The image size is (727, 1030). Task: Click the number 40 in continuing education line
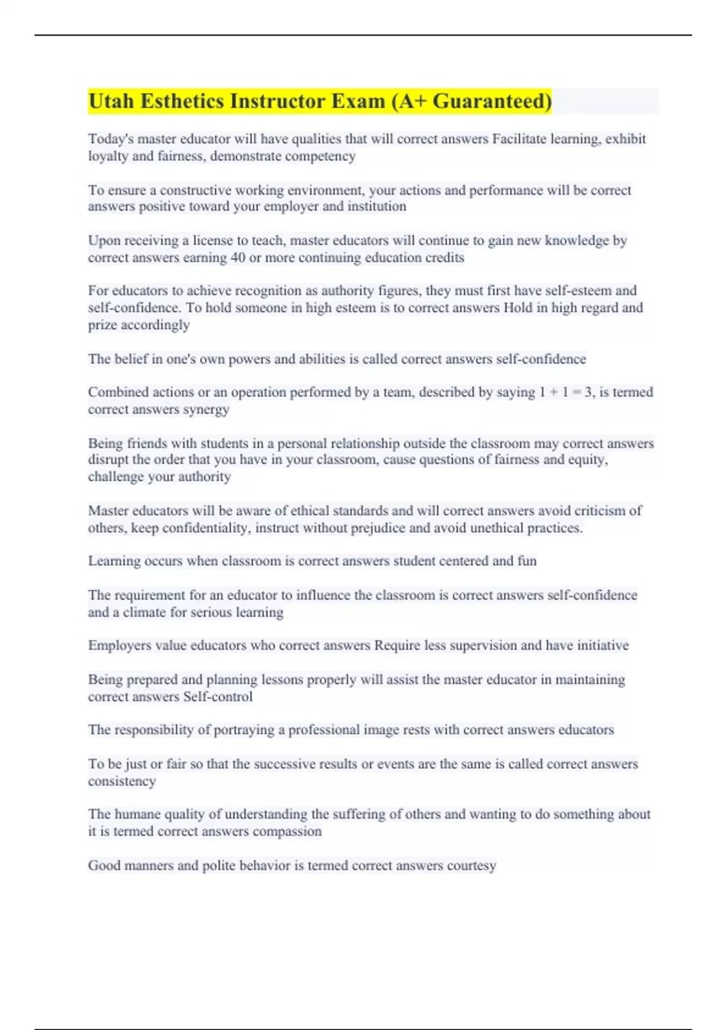pos(237,257)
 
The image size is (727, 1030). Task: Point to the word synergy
pos(207,410)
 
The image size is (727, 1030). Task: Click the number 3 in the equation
pos(588,393)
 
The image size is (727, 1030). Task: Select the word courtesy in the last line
pos(471,866)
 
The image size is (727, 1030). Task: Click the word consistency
pos(122,782)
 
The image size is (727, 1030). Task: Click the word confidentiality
pos(205,528)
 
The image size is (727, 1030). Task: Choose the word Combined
pos(116,393)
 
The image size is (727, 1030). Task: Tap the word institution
pos(376,207)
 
